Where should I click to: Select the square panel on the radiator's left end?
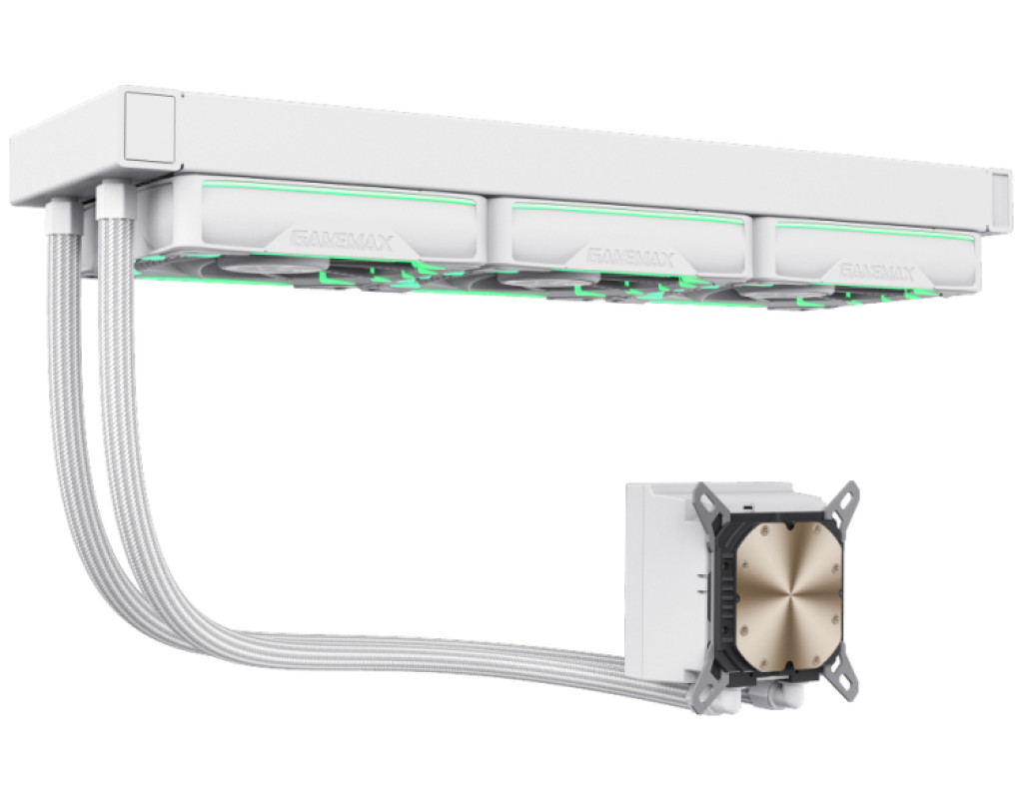coord(149,127)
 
